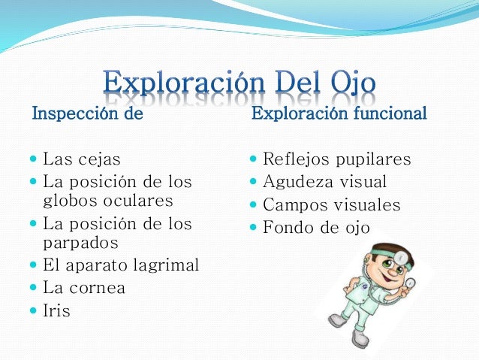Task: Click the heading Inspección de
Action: coord(88,114)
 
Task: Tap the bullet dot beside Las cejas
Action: coord(33,159)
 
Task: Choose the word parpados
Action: coord(80,244)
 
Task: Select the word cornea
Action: coord(97,288)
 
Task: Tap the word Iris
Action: coord(56,310)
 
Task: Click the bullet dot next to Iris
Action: coord(33,310)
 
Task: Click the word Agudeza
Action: coord(298,183)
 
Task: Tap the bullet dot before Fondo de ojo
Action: coord(253,227)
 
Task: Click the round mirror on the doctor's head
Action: coord(399,257)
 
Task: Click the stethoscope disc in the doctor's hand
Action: coord(410,283)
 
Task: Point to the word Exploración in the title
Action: coord(184,83)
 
